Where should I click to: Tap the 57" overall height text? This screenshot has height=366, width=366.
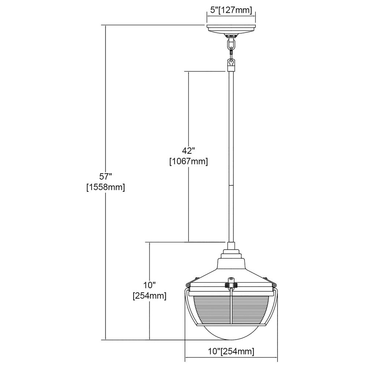[106, 176]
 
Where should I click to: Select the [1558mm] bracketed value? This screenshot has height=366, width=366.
[106, 187]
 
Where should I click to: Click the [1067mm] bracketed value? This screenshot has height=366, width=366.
[188, 161]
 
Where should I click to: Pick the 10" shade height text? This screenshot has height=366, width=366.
[149, 285]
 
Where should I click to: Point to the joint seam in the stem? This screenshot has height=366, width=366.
[231, 185]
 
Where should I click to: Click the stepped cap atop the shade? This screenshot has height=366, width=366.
[231, 254]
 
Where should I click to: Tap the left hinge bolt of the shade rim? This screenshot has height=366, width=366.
[188, 285]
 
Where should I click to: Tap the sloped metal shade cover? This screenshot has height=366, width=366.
[231, 271]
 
